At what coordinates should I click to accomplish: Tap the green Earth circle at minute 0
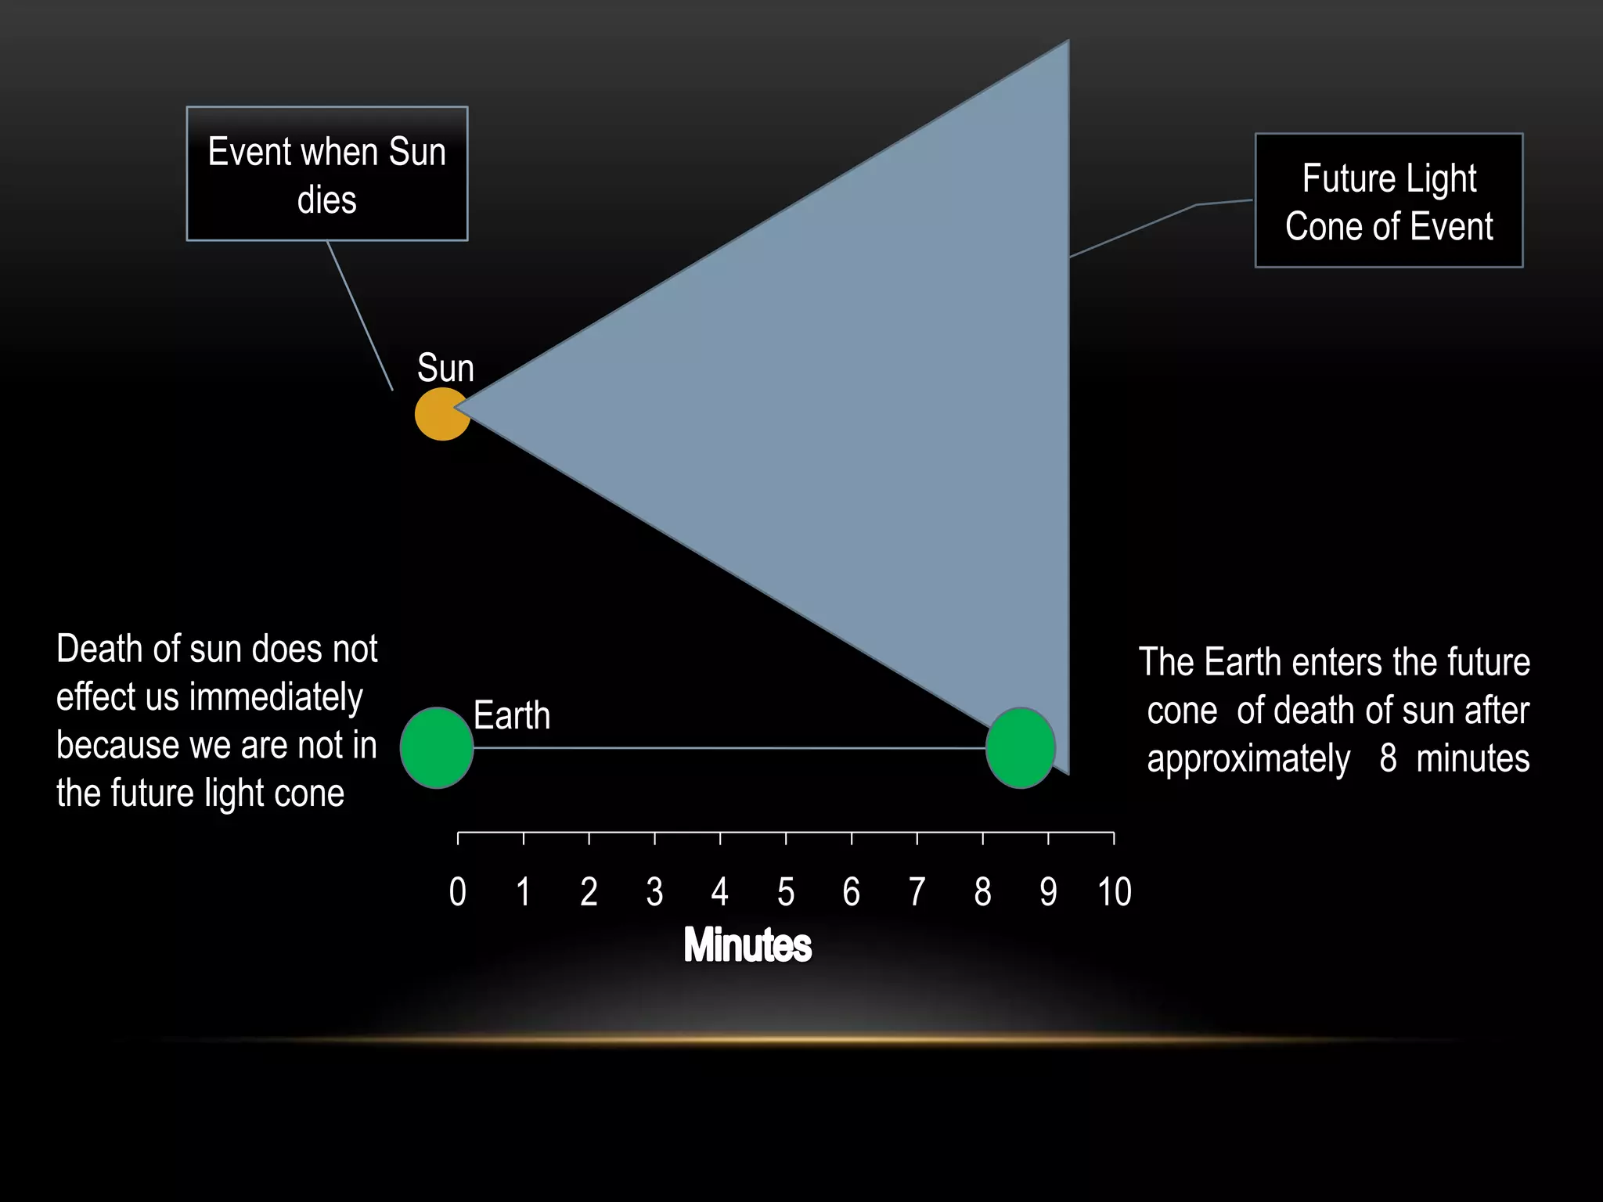[437, 747]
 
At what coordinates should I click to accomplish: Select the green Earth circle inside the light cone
[1020, 747]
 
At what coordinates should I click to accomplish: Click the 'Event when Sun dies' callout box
[327, 174]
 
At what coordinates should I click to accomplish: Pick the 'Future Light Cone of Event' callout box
[1389, 201]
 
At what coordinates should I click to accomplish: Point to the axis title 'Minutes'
[747, 945]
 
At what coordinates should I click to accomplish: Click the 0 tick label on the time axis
[458, 892]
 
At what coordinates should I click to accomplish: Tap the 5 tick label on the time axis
[786, 892]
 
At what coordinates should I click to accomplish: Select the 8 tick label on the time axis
[982, 892]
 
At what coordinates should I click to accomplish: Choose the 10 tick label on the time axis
[1115, 892]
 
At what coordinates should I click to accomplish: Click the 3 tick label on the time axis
[655, 892]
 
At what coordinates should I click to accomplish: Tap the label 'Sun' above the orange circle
[445, 368]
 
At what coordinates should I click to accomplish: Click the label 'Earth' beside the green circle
[512, 715]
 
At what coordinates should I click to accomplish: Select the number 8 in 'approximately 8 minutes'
[1388, 758]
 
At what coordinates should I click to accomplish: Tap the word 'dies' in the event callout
[327, 200]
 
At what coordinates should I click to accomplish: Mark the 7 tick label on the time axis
[917, 892]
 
